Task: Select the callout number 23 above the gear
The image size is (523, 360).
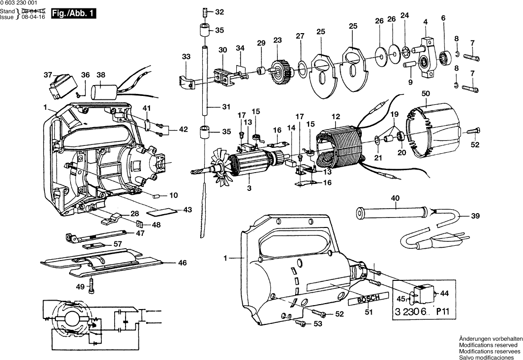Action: tap(277, 40)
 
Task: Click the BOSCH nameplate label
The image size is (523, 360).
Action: tap(363, 301)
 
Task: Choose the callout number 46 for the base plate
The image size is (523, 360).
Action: tap(182, 263)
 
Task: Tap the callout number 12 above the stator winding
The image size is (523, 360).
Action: tap(336, 117)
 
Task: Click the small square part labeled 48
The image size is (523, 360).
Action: tap(142, 224)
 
